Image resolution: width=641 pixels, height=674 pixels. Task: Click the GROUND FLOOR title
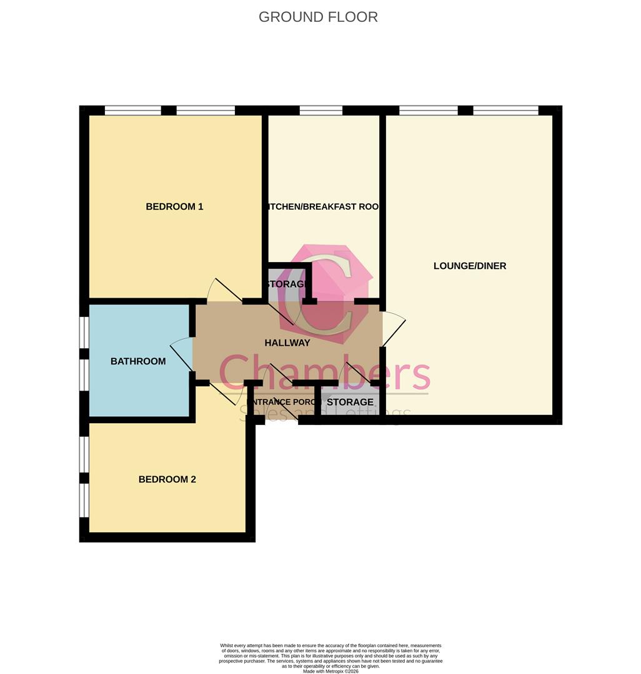[x=318, y=17]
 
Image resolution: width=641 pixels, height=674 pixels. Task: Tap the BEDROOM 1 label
[x=174, y=207]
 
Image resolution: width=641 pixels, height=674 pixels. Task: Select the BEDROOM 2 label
[x=167, y=479]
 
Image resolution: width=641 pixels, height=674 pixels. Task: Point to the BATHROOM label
[x=138, y=361]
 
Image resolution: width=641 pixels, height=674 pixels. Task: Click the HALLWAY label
[x=287, y=343]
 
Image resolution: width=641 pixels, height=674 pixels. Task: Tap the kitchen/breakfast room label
[x=324, y=207]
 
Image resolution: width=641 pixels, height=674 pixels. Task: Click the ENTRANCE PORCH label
[x=284, y=402]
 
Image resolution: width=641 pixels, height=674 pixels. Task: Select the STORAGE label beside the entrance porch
[x=350, y=402]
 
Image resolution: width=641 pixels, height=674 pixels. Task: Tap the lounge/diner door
[x=393, y=328]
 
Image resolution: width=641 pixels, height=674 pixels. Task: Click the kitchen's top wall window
[x=320, y=111]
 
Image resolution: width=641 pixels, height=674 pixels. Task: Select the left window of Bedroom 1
[x=132, y=111]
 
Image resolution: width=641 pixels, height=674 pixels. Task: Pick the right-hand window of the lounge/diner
[x=505, y=111]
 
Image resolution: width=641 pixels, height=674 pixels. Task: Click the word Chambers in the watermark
[x=324, y=373]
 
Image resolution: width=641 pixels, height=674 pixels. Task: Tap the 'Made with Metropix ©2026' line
[x=331, y=671]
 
